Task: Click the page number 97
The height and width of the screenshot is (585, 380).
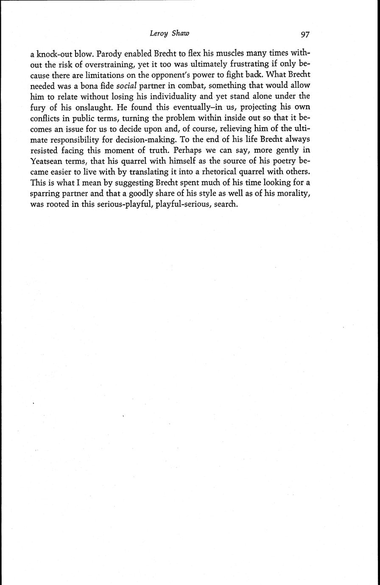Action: [305, 34]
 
